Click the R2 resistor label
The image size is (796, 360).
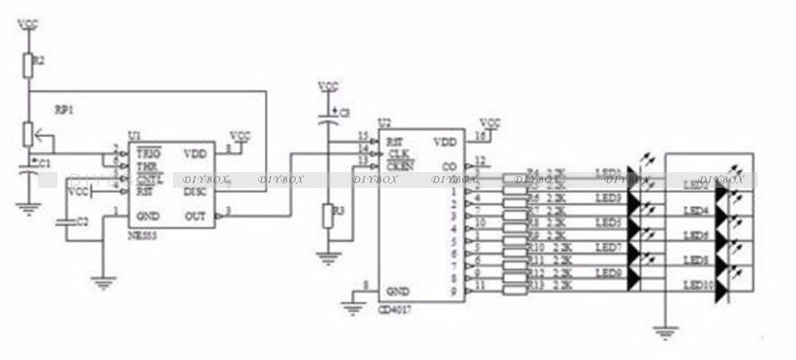pyautogui.click(x=40, y=61)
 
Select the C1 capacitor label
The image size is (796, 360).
pyautogui.click(x=45, y=163)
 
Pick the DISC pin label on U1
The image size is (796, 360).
pyautogui.click(x=195, y=191)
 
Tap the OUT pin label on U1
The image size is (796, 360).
pyautogui.click(x=196, y=215)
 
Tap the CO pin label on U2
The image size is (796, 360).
pyautogui.click(x=449, y=166)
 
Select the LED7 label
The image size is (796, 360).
pyautogui.click(x=608, y=247)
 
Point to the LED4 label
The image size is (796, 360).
pyautogui.click(x=696, y=210)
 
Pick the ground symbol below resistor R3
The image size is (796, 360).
pyautogui.click(x=326, y=257)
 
